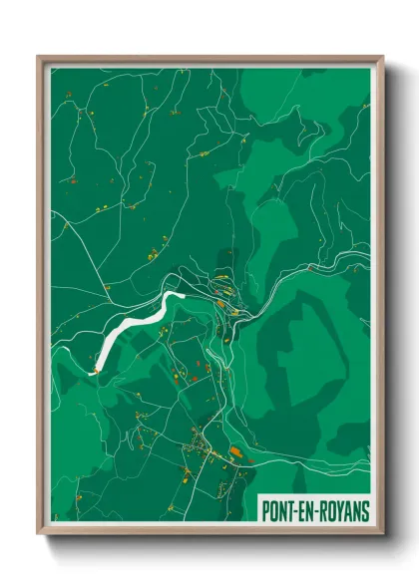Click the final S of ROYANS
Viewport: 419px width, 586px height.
364,510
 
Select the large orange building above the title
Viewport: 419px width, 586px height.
234,450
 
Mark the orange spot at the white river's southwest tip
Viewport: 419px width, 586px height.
94,372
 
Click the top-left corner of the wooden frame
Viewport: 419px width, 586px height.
39,58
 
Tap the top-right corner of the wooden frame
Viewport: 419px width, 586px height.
382,58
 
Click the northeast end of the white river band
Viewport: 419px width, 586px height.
181,296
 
